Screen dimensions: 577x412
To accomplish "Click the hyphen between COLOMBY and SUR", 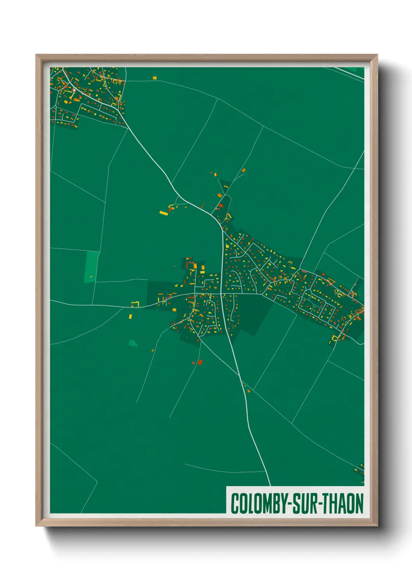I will [x=290, y=504].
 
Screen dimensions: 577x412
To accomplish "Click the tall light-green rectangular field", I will [x=92, y=267].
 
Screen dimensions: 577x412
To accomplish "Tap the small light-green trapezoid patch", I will [x=133, y=343].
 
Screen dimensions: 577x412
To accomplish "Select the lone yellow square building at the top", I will [x=155, y=78].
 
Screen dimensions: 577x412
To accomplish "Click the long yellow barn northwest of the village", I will [x=164, y=213].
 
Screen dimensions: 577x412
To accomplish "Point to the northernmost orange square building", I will [x=244, y=170].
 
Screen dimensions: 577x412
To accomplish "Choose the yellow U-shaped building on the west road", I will [x=135, y=304].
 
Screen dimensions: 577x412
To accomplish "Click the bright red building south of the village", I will [x=200, y=362].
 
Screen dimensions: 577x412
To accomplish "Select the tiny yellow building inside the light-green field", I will [x=91, y=277].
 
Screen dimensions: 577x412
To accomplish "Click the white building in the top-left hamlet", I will [x=74, y=90].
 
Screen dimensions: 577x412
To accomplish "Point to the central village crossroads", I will [x=221, y=293].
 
